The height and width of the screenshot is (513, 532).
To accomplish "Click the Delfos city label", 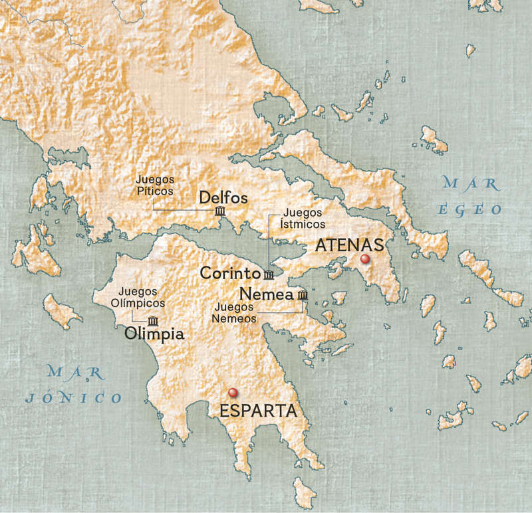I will click(x=223, y=198).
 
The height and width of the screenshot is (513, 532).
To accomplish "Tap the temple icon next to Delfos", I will click(x=220, y=212).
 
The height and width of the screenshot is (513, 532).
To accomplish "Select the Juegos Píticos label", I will click(x=154, y=185).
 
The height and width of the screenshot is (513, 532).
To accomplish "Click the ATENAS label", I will click(x=350, y=245).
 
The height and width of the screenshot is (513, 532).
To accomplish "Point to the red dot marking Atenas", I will click(x=364, y=259).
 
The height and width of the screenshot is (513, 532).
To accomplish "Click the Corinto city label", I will click(x=229, y=273).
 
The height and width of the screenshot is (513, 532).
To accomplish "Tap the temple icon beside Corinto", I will click(x=268, y=275).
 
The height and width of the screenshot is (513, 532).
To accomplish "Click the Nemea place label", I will click(x=266, y=293).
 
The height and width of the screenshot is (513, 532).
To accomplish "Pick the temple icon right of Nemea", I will click(x=303, y=294).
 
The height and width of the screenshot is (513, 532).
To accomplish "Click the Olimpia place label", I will click(x=154, y=334).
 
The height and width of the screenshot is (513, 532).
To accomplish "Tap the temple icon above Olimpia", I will click(x=154, y=320).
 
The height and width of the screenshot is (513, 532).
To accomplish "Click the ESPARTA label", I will click(x=257, y=411).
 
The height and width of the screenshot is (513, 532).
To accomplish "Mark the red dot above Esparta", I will click(x=232, y=393).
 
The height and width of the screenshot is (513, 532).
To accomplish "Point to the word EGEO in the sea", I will click(x=469, y=209).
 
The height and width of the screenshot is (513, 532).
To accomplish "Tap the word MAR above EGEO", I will click(x=469, y=182).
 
